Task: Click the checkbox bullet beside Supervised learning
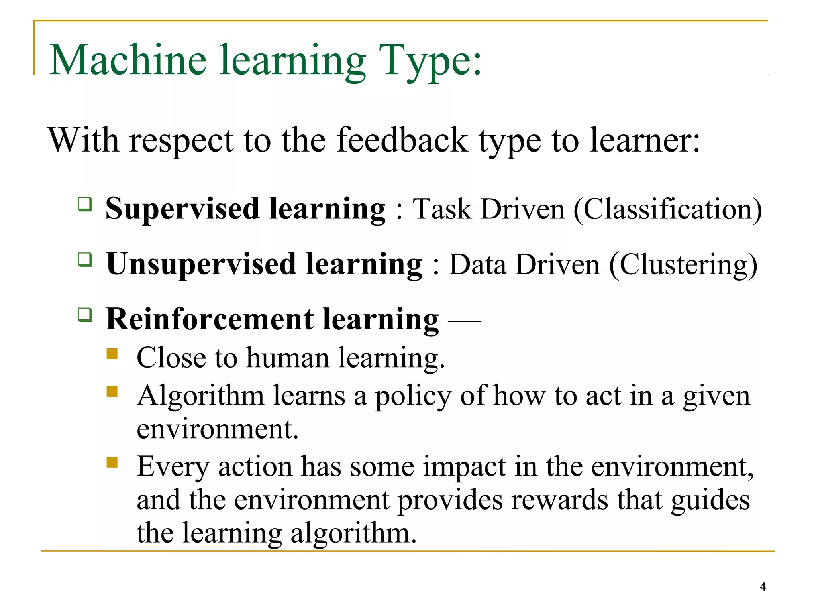coord(85,204)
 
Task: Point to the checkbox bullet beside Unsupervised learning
coord(85,260)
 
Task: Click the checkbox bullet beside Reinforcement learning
coord(85,315)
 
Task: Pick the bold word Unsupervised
coord(201,264)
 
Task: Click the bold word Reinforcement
coord(210,319)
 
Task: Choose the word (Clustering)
coord(683,265)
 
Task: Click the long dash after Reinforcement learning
coord(465,320)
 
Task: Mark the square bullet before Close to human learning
coord(112,354)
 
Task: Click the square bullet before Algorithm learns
coord(112,392)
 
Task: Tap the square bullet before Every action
coord(112,462)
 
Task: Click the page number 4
coord(763,587)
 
